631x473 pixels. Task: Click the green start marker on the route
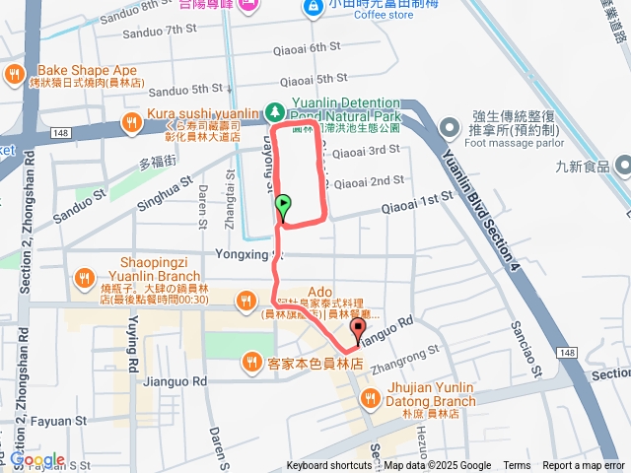[x=283, y=206]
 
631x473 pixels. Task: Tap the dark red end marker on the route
[x=358, y=330]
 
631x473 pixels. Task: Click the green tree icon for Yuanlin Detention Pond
[x=277, y=112]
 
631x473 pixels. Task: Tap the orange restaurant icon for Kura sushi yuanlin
[x=130, y=121]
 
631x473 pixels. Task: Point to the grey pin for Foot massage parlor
[x=450, y=126]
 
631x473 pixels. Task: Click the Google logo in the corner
[x=37, y=460]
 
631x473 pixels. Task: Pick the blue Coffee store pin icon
[x=314, y=8]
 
